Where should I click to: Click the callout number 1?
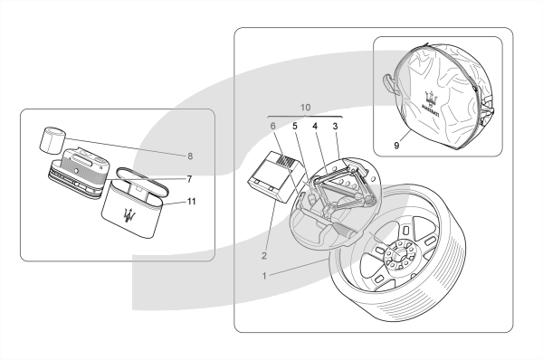pyautogui.click(x=264, y=276)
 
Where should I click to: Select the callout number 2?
pyautogui.click(x=264, y=256)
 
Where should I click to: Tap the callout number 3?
pyautogui.click(x=335, y=126)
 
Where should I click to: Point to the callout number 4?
pyautogui.click(x=315, y=126)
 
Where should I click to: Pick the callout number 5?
pyautogui.click(x=295, y=126)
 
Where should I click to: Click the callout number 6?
pyautogui.click(x=273, y=126)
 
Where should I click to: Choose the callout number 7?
pyautogui.click(x=189, y=179)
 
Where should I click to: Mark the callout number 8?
pyautogui.click(x=190, y=156)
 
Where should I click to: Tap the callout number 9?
pyautogui.click(x=396, y=146)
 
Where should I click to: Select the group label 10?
pyautogui.click(x=305, y=108)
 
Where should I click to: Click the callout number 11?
pyautogui.click(x=192, y=201)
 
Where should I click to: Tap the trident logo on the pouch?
pyautogui.click(x=129, y=217)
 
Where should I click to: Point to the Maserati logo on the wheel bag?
pyautogui.click(x=432, y=103)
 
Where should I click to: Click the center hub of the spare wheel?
pyautogui.click(x=398, y=255)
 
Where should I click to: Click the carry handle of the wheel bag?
pyautogui.click(x=389, y=83)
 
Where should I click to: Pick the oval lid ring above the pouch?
pyautogui.click(x=143, y=181)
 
